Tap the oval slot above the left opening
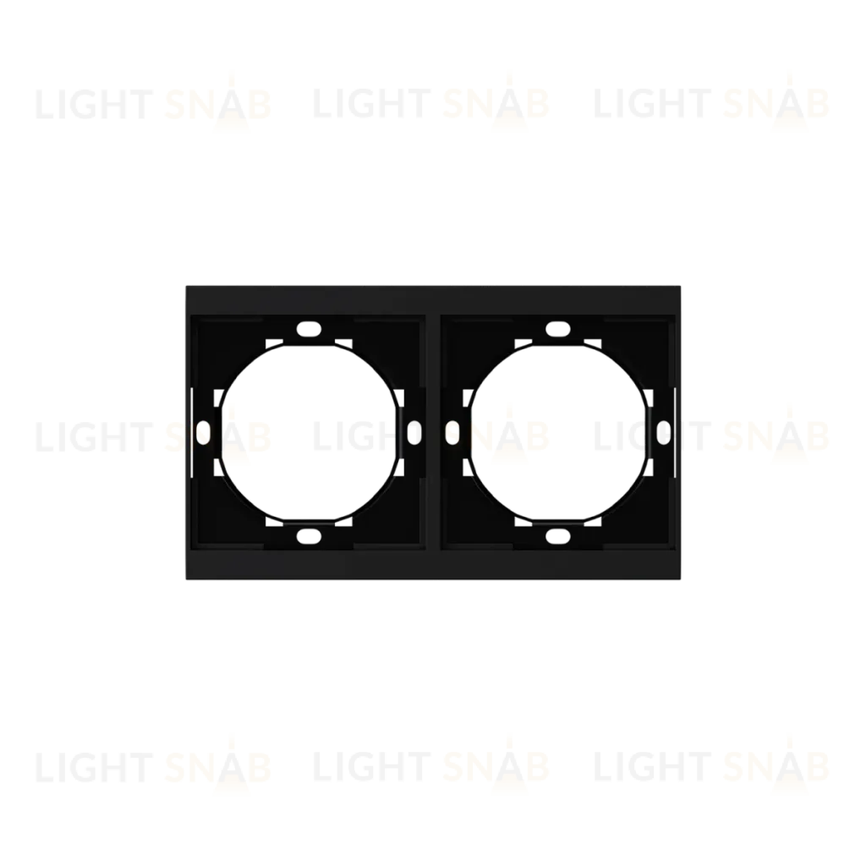pos(309,330)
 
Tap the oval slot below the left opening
pos(309,535)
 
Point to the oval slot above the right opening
pos(558,330)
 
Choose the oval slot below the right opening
pos(558,535)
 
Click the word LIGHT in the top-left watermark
pos(95,104)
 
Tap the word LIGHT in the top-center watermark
pos(372,104)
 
